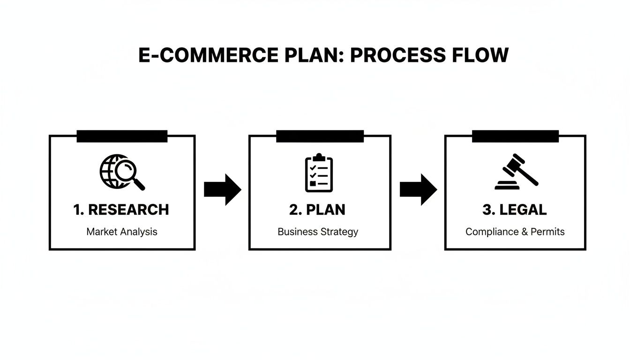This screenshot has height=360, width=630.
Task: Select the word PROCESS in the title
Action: click(x=397, y=55)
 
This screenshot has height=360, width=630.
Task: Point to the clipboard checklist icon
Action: click(x=319, y=172)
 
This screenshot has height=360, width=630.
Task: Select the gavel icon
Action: click(x=516, y=172)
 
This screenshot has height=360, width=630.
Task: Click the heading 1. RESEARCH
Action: click(x=121, y=210)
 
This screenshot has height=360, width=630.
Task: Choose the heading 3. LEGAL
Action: click(x=514, y=210)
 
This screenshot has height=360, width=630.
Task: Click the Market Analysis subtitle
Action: click(x=122, y=232)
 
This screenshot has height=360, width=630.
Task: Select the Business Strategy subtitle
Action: click(x=318, y=232)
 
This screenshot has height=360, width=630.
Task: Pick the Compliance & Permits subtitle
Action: click(x=515, y=232)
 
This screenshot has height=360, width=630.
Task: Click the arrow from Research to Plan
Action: click(x=223, y=189)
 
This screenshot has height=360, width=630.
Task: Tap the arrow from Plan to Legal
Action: click(x=418, y=189)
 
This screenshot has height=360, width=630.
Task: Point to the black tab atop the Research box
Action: click(x=122, y=136)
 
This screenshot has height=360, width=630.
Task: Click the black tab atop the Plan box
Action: click(x=320, y=136)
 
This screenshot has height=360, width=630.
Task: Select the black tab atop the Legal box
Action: click(x=515, y=136)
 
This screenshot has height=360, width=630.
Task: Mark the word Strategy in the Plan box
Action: click(x=339, y=232)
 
